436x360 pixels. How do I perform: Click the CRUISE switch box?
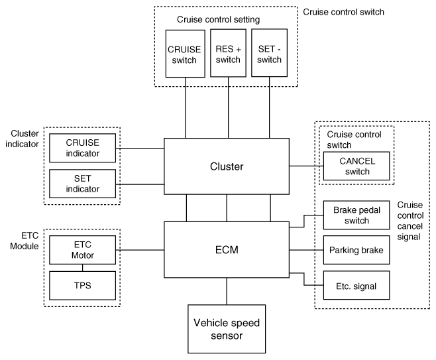pyautogui.click(x=185, y=54)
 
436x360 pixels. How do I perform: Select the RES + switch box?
pyautogui.click(x=229, y=53)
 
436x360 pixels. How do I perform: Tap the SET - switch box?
pyautogui.click(x=269, y=52)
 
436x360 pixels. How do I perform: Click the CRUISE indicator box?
pyautogui.click(x=83, y=148)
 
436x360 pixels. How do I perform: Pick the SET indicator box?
pyautogui.click(x=83, y=184)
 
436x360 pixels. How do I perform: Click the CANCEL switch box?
pyautogui.click(x=356, y=166)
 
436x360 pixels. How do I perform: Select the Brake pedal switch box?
pyautogui.click(x=356, y=215)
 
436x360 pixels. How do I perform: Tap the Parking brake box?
pyautogui.click(x=356, y=250)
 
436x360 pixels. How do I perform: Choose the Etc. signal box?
pyautogui.click(x=356, y=285)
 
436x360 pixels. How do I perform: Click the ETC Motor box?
pyautogui.click(x=83, y=250)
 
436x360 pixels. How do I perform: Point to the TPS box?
pyautogui.click(x=83, y=286)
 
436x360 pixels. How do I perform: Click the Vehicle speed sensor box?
pyautogui.click(x=227, y=329)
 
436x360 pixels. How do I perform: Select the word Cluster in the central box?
pyautogui.click(x=227, y=166)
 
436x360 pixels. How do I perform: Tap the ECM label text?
pyautogui.click(x=227, y=249)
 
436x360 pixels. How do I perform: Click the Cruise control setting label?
pyautogui.click(x=218, y=19)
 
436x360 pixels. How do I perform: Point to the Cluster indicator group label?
pyautogui.click(x=23, y=139)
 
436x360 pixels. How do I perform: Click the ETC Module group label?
pyautogui.click(x=25, y=241)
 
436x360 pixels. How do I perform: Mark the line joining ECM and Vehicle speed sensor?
pyautogui.click(x=227, y=291)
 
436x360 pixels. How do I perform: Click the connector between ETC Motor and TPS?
pyautogui.click(x=83, y=268)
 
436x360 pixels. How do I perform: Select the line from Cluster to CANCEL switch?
pyautogui.click(x=306, y=166)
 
